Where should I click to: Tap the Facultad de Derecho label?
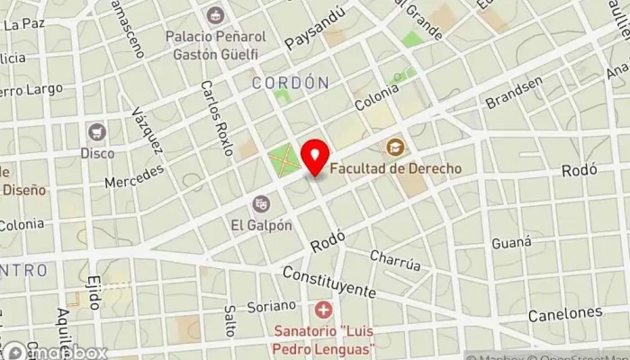396,168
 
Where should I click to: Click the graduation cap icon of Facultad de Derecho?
395,147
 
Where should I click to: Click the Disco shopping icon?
96,133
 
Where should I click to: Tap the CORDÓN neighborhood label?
290,83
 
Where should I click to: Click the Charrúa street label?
395,261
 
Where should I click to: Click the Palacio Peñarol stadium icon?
215,15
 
